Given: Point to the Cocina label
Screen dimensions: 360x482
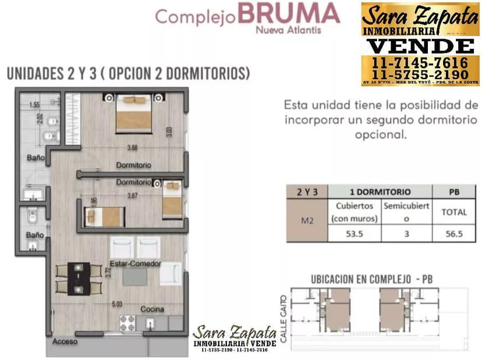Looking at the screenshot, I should [152, 309].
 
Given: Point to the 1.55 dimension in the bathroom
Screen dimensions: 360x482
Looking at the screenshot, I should [34, 105].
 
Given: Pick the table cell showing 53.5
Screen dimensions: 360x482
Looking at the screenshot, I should [355, 233].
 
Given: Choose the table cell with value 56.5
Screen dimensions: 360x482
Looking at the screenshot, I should [453, 233].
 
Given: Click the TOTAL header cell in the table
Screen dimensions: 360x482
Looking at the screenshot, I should [453, 212].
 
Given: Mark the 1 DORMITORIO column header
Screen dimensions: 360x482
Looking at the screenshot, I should [380, 191].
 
